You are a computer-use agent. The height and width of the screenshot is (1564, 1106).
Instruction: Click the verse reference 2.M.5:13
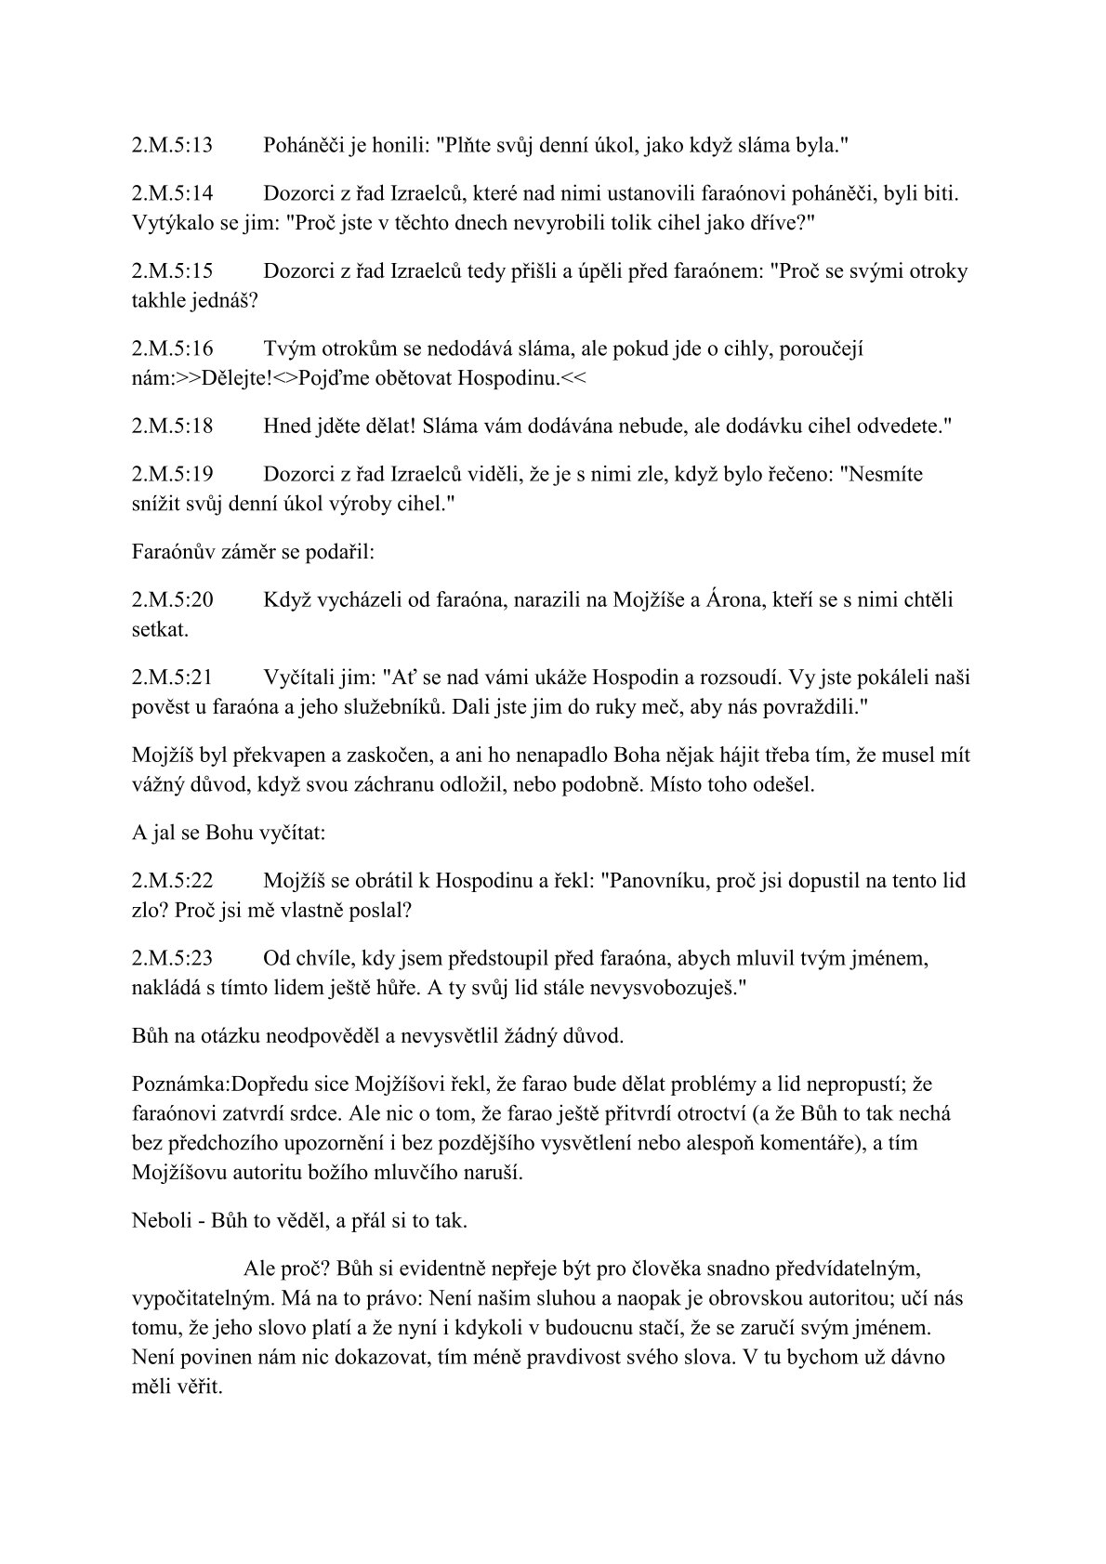point(173,145)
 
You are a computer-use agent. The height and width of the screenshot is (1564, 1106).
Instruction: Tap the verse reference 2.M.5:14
point(173,193)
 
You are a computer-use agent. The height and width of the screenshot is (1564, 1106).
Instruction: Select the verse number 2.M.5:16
point(173,348)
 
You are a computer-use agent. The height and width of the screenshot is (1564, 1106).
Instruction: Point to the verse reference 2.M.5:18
point(173,426)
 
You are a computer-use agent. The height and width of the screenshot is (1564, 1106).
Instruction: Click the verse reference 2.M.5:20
point(173,599)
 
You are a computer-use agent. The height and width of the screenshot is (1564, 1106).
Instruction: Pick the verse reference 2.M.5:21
point(173,677)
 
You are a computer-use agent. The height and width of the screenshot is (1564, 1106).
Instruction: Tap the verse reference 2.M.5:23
point(173,957)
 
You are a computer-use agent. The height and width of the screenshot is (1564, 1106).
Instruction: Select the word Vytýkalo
point(167,223)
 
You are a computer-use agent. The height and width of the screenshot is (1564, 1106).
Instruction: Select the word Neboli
point(161,1220)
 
